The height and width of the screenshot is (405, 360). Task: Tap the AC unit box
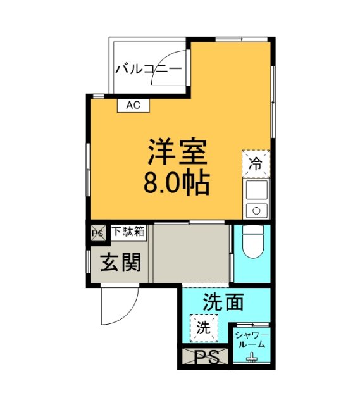pyautogui.click(x=133, y=105)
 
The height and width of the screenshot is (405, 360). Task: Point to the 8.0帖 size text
pyautogui.click(x=177, y=184)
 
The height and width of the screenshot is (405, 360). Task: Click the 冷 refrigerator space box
pyautogui.click(x=256, y=163)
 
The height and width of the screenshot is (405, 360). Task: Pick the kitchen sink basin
pyautogui.click(x=257, y=190)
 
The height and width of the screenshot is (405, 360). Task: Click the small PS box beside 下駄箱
pyautogui.click(x=97, y=232)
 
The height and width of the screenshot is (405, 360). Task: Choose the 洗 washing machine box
pyautogui.click(x=203, y=328)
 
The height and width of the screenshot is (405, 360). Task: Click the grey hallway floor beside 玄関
pyautogui.click(x=190, y=253)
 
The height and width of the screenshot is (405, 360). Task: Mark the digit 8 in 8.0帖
pyautogui.click(x=152, y=184)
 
